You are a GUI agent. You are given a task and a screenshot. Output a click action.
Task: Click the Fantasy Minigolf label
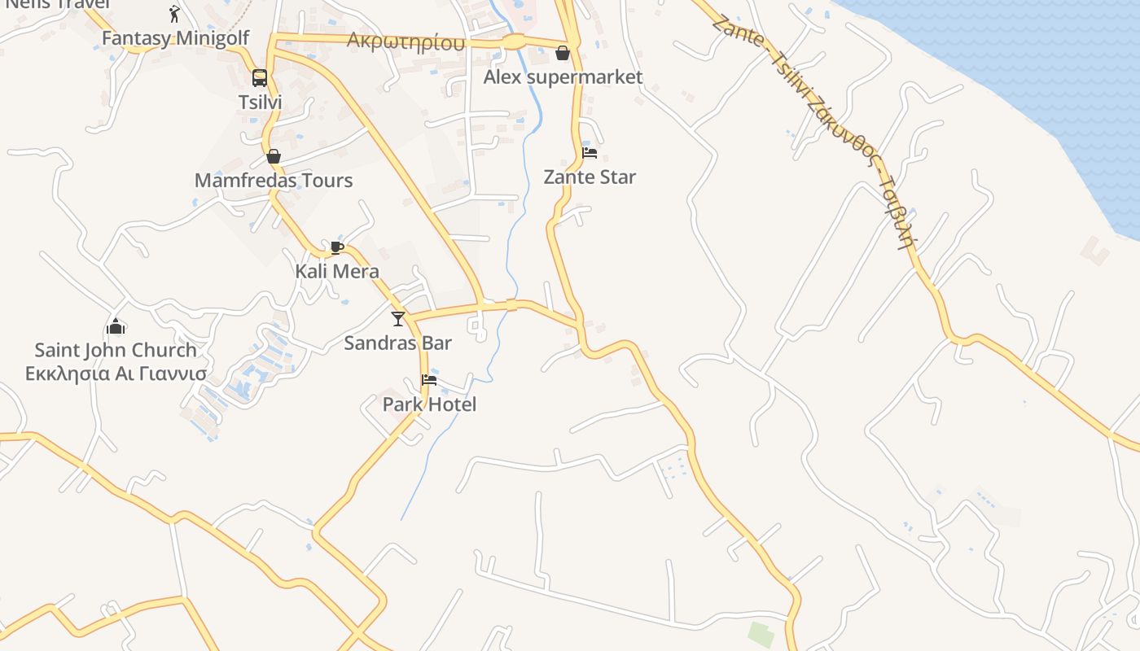coord(175,38)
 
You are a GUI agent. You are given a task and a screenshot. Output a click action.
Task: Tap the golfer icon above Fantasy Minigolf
coord(174,14)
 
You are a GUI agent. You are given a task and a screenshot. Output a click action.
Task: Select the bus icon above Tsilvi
coord(260,78)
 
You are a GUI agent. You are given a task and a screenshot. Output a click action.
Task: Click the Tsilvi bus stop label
coord(260,103)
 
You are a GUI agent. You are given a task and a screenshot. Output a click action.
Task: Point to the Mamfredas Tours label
coord(274,181)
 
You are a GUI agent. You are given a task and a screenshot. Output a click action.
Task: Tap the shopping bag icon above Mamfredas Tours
coord(274,156)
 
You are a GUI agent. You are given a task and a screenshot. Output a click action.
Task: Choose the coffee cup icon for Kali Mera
coord(337,247)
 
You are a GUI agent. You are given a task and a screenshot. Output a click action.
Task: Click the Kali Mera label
coord(337,271)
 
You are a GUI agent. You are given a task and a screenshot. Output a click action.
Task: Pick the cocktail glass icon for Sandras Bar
coord(398,318)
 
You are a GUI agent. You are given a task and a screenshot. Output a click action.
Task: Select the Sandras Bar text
coord(397,343)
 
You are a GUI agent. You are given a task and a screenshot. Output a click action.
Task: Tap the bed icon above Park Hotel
coord(429,380)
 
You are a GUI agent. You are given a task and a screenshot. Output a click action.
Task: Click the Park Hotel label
coord(429,404)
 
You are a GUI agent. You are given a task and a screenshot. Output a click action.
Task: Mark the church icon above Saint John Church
coord(116,327)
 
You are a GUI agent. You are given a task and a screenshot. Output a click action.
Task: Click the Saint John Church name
coord(116,351)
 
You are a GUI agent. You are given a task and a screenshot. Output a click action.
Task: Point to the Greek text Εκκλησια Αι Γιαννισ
coord(116,374)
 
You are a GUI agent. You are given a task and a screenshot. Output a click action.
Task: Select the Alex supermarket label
coord(563,77)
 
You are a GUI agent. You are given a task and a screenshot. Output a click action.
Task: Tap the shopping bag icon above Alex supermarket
coord(562,54)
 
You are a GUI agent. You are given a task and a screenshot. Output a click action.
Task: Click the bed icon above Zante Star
coord(590,153)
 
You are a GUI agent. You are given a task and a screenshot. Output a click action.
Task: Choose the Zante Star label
coord(590,177)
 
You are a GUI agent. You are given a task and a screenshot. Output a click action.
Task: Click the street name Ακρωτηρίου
coord(406,42)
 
